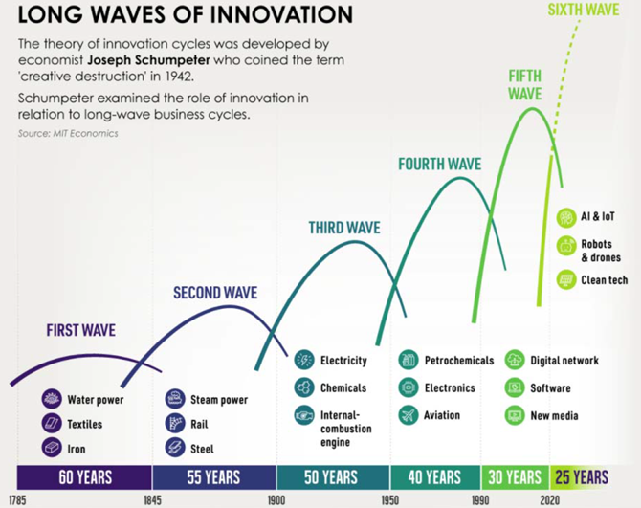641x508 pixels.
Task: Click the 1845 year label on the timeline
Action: tap(152, 500)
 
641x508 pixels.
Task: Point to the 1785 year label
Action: tap(17, 500)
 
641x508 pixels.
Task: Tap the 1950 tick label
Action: tap(389, 500)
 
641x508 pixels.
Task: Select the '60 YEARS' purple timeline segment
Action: tap(84, 477)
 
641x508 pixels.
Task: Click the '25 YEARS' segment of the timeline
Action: tap(581, 477)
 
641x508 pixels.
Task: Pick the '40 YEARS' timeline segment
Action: tap(435, 477)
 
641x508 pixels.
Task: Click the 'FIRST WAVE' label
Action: tap(81, 330)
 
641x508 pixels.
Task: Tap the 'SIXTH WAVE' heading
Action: tap(584, 10)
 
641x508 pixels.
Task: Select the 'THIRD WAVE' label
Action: tap(344, 228)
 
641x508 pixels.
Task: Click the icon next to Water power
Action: tap(52, 399)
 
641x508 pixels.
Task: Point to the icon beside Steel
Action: tap(175, 448)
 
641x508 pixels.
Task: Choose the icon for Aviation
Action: tap(409, 415)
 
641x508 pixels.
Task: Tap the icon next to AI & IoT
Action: tap(566, 217)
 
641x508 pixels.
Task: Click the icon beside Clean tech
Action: tap(566, 279)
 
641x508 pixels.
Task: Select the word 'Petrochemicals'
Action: tap(459, 361)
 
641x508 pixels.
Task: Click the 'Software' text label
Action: tap(550, 387)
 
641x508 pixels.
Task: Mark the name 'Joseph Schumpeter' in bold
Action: tap(148, 60)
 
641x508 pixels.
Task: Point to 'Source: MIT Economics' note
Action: tap(68, 133)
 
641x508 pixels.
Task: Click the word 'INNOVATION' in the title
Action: tap(284, 14)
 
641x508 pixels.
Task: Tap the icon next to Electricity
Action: tap(304, 360)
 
